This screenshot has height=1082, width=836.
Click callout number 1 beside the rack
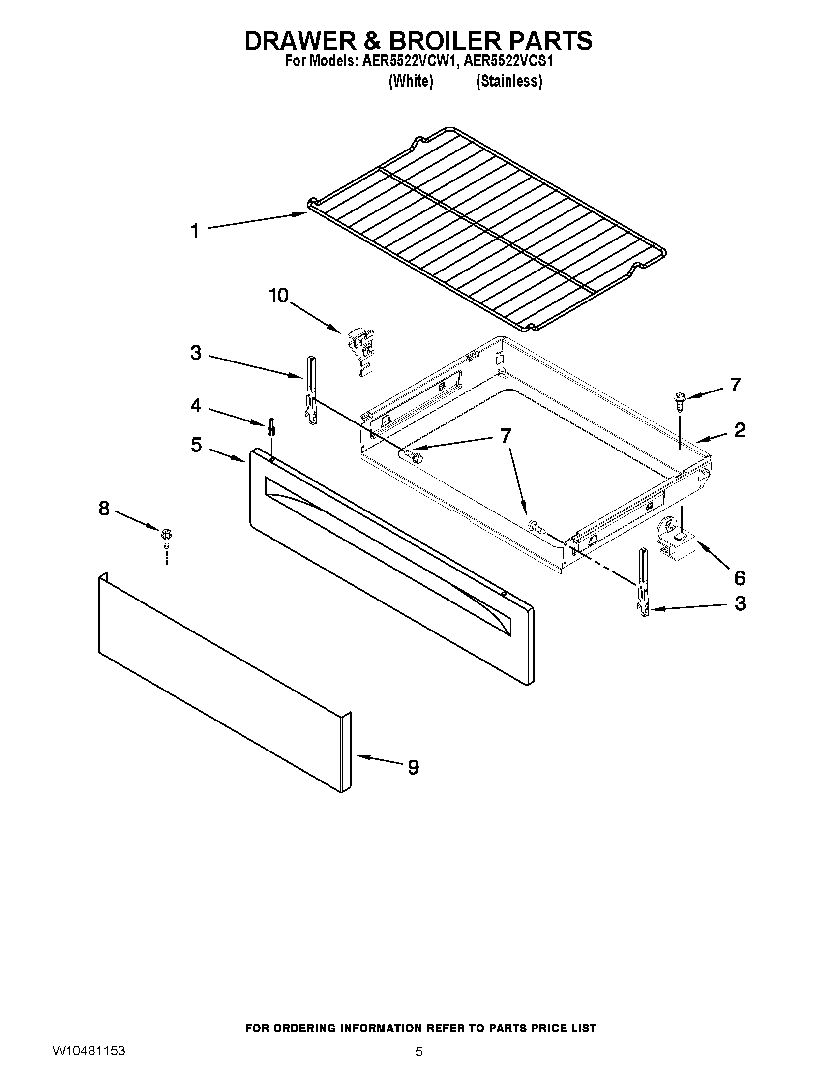coord(195,231)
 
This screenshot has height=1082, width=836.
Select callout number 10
coord(278,296)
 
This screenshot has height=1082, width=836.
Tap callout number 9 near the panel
coord(413,767)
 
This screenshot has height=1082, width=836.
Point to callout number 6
coord(739,578)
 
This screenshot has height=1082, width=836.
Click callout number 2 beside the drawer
coord(740,429)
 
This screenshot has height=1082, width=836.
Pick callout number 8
coord(103,509)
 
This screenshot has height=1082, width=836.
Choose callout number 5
coord(196,445)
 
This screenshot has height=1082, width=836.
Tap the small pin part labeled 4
coord(271,426)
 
